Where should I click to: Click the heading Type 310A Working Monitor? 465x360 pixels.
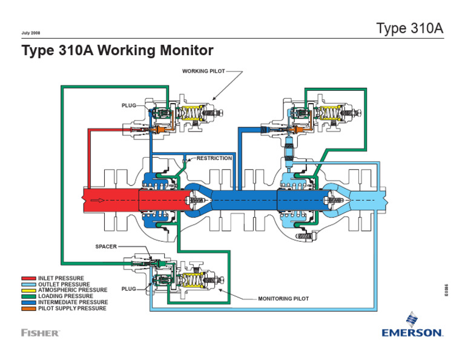[117, 50]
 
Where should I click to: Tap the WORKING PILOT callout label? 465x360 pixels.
[203, 71]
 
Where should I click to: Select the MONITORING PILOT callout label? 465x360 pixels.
[283, 299]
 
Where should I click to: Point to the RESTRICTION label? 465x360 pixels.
[214, 158]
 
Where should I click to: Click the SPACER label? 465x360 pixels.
[106, 247]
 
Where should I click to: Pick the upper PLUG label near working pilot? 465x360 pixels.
[129, 105]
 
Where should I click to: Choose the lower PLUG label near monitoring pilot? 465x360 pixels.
[128, 289]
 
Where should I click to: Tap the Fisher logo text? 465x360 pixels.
[40, 333]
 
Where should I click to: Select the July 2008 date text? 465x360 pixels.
[30, 32]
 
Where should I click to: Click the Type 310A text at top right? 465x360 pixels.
[410, 28]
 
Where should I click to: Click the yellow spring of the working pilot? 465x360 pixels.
[193, 113]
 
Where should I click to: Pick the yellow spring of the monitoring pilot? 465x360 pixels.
[193, 280]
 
